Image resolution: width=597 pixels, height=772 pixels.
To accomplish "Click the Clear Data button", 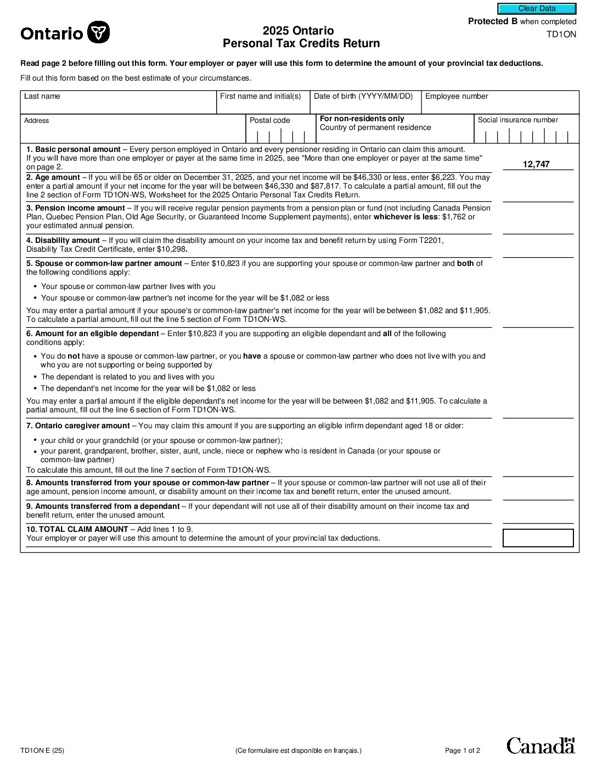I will [537, 9].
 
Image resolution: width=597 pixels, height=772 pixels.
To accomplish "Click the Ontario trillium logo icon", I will [99, 32].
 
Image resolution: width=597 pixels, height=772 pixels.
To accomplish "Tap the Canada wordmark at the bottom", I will [540, 746].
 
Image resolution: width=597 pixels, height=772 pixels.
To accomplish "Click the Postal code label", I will [270, 121].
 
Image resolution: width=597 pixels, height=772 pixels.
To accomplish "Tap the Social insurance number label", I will [517, 120].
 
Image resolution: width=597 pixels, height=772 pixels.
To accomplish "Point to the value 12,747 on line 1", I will [536, 164].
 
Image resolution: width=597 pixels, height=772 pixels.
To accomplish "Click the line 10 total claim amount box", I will [538, 538].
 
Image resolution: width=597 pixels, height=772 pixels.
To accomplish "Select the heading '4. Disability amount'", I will [63, 240].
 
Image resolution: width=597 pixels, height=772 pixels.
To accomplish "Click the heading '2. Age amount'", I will [53, 177].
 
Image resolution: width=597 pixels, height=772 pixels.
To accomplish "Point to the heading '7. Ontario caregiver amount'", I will [78, 425].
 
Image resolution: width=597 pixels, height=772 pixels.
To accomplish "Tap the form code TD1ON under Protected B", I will [561, 35].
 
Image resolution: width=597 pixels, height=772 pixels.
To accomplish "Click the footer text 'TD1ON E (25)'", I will [42, 751].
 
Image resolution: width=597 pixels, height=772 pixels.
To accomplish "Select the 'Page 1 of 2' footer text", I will [462, 751].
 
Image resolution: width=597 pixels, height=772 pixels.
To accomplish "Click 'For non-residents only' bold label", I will [362, 118].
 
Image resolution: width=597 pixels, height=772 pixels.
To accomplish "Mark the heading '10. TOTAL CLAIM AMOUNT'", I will [77, 529].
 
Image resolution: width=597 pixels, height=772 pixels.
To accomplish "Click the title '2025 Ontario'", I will [298, 31].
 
